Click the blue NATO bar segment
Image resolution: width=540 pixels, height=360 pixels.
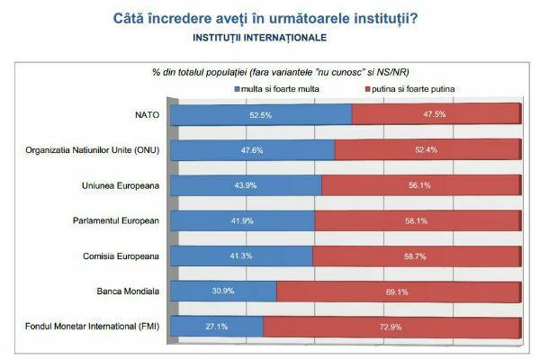pos(259,114)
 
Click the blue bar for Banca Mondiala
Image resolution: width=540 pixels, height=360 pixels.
pos(222,291)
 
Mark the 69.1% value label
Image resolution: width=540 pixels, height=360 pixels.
pos(398,291)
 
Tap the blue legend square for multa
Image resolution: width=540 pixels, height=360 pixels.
pos(236,90)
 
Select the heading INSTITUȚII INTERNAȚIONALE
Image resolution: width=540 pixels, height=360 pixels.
pos(259,39)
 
